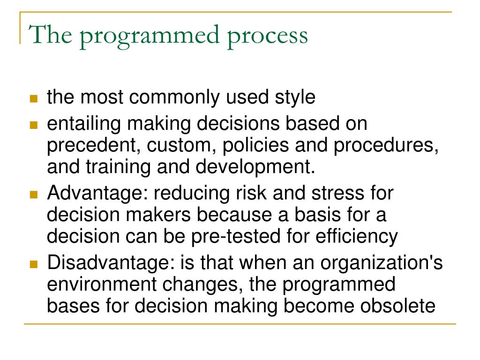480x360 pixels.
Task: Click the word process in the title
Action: pyautogui.click(x=268, y=36)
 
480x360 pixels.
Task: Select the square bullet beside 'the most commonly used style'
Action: pyautogui.click(x=33, y=99)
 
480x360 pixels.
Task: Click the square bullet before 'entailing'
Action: pyautogui.click(x=33, y=126)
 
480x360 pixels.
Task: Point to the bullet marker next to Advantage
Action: pyautogui.click(x=33, y=195)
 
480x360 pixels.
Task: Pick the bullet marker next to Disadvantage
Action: pyautogui.click(x=33, y=263)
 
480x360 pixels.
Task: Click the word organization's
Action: pyautogui.click(x=382, y=262)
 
